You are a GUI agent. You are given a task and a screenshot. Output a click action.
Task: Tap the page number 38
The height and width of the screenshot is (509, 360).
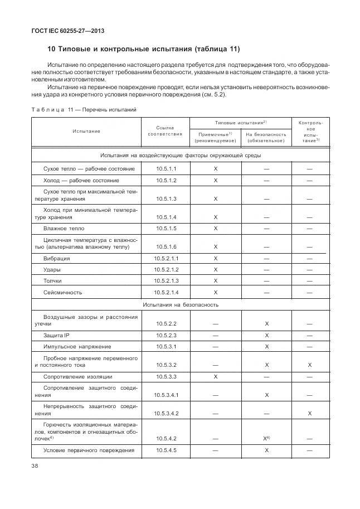coord(35,468)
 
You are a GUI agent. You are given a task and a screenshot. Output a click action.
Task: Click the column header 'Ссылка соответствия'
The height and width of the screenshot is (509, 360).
coord(165,131)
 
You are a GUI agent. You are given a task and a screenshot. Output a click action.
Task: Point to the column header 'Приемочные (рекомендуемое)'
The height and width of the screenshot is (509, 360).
coord(215,137)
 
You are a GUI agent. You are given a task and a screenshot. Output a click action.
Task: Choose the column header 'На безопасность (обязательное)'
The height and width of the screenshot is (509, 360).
coord(266,137)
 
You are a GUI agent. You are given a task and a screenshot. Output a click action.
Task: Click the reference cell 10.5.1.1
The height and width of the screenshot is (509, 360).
coord(165,168)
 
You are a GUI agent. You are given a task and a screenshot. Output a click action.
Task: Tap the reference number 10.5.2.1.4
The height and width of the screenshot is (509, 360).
coord(165,292)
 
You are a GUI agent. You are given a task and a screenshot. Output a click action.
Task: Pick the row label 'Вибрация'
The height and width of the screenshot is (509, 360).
coord(56,259)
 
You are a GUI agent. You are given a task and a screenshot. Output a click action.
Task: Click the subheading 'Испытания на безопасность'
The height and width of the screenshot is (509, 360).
coord(180,305)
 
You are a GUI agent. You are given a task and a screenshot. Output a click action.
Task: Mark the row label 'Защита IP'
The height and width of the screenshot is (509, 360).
coord(57,335)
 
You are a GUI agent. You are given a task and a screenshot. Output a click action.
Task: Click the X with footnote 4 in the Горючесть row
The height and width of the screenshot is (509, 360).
coord(267,439)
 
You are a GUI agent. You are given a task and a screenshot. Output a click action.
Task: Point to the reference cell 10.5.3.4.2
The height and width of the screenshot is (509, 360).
coord(165,413)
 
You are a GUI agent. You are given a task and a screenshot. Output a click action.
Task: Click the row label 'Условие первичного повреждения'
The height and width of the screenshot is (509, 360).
coord(89,450)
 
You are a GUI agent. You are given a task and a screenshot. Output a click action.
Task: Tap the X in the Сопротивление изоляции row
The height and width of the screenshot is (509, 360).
coord(215,377)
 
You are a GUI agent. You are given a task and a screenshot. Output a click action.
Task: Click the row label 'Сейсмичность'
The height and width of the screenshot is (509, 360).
coord(62,292)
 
